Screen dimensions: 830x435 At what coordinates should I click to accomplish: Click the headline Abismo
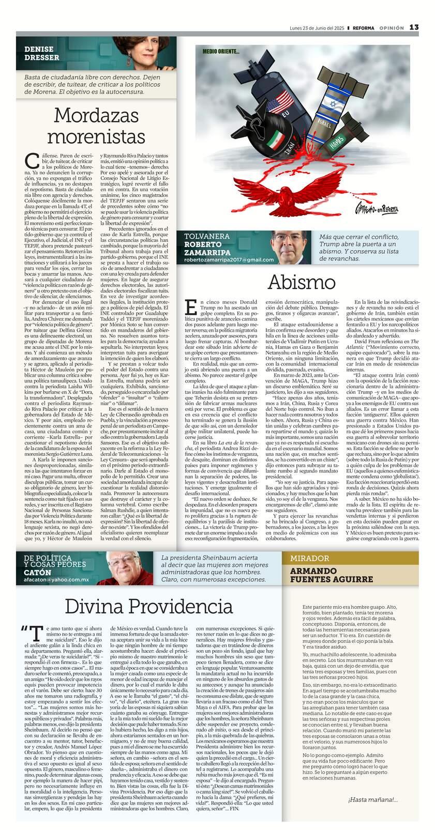pyautogui.click(x=302, y=282)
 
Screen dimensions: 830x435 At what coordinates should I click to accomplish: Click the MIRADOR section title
pyautogui.click(x=309, y=558)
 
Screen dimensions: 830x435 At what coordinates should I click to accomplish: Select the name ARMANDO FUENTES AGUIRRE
pyautogui.click(x=331, y=575)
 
